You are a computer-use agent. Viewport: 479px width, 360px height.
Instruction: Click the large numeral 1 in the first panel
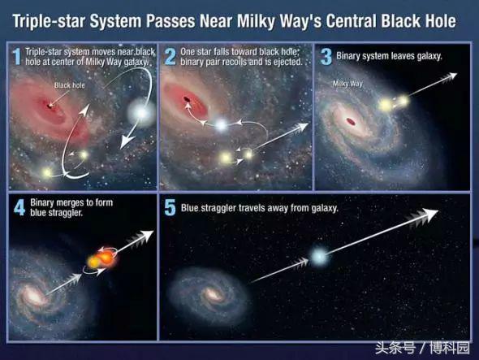point(16,56)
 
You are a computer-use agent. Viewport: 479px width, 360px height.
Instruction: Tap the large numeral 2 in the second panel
point(170,57)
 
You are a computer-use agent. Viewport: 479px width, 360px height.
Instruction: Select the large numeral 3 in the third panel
point(326,57)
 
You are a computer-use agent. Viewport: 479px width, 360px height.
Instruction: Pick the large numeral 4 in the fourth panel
point(19,208)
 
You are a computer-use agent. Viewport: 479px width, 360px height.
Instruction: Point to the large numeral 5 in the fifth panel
point(170,208)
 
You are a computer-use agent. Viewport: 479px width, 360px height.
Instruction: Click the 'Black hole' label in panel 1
point(69,85)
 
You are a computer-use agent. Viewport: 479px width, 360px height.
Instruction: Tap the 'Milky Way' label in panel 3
point(347,84)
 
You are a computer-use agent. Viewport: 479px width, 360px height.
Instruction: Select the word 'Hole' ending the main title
point(441,21)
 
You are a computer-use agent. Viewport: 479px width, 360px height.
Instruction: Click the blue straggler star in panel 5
point(318,256)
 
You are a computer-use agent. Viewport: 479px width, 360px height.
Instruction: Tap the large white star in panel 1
point(141,113)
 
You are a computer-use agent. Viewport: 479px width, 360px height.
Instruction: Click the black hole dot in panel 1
point(50,106)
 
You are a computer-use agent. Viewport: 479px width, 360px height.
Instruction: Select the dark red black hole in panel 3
point(351,122)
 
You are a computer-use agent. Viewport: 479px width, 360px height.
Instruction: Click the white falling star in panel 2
point(221,125)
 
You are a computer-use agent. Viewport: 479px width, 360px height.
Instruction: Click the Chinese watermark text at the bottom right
point(422,348)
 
